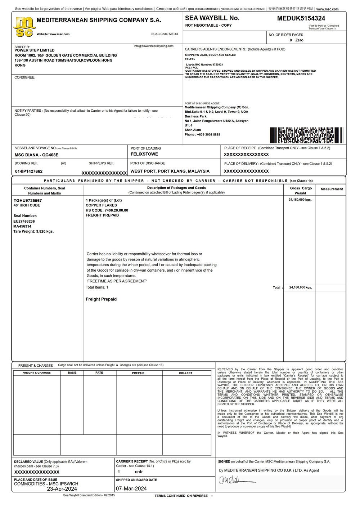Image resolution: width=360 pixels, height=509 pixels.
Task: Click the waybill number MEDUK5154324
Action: (x=301, y=18)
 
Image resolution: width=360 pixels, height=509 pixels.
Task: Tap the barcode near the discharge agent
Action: (x=306, y=135)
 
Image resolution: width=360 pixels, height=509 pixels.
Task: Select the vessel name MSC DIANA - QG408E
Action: (x=36, y=155)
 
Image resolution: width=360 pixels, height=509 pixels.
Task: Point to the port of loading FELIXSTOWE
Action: (x=144, y=154)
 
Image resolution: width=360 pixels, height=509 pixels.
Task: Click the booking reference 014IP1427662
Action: (x=29, y=171)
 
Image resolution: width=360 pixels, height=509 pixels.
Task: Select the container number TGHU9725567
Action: (x=28, y=200)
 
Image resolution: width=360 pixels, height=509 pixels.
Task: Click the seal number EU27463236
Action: (x=24, y=221)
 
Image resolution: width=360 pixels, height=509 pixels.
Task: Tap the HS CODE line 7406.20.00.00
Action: (x=107, y=210)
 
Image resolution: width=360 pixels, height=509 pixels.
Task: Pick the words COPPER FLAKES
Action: (x=101, y=205)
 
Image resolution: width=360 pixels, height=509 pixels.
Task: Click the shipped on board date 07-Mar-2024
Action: (x=131, y=489)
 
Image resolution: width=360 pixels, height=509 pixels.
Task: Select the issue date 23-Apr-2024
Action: (x=62, y=489)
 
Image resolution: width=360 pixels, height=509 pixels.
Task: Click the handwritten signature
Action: (x=234, y=480)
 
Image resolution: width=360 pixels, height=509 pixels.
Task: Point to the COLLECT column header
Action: (x=186, y=373)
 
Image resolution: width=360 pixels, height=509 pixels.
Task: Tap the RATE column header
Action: (x=99, y=373)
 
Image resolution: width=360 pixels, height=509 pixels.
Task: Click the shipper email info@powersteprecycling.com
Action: (x=153, y=46)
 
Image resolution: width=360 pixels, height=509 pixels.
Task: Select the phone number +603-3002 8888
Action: (x=208, y=135)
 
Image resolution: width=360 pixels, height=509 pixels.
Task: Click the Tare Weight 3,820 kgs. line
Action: (x=33, y=232)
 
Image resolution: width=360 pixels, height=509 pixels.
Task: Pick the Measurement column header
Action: (x=332, y=189)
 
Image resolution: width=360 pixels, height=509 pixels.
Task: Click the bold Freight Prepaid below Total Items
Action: (x=101, y=299)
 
